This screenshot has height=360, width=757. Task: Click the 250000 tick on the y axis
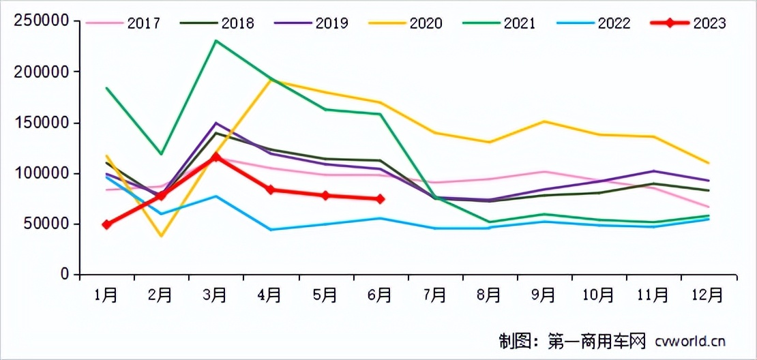pos(42,21)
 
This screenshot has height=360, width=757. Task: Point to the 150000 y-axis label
pos(42,123)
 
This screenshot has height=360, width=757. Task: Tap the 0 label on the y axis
pos(65,275)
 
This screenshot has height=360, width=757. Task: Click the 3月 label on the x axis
pos(216,295)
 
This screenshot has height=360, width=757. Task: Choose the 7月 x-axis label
pos(434,295)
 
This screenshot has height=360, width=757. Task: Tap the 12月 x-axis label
pos(707,295)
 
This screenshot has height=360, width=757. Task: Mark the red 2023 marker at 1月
pos(107,224)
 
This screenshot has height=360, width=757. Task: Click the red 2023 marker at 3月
pos(216,157)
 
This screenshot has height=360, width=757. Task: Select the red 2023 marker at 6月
pos(380,199)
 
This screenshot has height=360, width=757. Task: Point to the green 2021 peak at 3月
pos(216,41)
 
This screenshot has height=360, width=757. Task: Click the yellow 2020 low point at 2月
pos(162,236)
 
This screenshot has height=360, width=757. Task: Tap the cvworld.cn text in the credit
pos(689,340)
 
